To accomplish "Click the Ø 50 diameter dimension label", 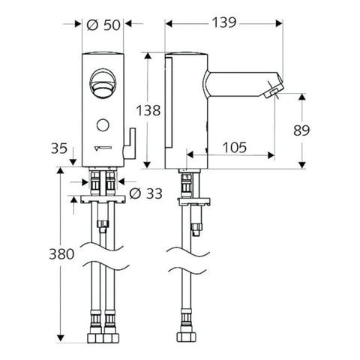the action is [x=103, y=25].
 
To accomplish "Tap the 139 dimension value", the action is [x=224, y=22].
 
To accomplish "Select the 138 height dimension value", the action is [x=148, y=110].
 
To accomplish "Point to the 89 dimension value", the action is [x=301, y=130].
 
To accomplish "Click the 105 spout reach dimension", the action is [x=235, y=148].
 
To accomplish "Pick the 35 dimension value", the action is [x=59, y=148].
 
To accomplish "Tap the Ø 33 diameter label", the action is [x=146, y=193].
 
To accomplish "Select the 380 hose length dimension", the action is [x=61, y=254].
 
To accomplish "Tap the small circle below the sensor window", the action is [x=103, y=124].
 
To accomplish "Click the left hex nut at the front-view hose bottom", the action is [x=95, y=338].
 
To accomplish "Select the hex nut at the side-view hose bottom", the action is [x=187, y=337].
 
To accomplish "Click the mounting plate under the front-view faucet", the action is [x=103, y=199].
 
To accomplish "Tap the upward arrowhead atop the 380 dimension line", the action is [x=60, y=171].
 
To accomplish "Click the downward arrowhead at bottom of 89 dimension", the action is [x=302, y=165].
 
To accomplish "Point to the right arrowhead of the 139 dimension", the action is [x=279, y=24].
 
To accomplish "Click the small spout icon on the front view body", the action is [x=103, y=148].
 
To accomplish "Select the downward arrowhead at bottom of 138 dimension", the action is [x=148, y=165].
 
